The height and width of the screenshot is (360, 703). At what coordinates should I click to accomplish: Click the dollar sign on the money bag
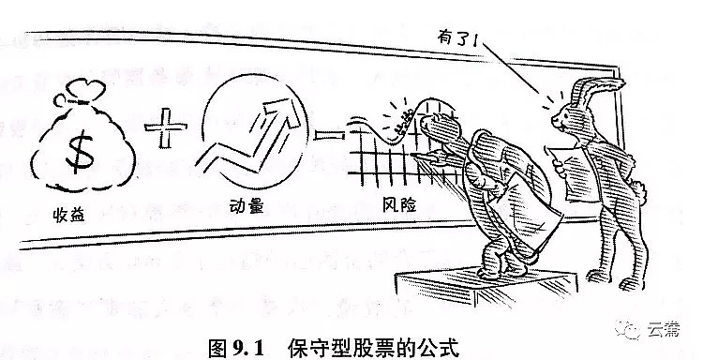coord(81,151)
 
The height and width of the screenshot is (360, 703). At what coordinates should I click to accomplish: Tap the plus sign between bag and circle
coord(165,127)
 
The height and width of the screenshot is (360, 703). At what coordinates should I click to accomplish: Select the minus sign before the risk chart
coord(330,134)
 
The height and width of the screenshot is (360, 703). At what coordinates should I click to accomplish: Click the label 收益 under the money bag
coord(68,216)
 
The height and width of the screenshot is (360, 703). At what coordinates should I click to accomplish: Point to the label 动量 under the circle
coord(247,206)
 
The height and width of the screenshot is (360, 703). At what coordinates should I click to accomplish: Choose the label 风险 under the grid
coord(399,204)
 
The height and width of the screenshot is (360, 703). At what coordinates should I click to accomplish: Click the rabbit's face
coord(563,118)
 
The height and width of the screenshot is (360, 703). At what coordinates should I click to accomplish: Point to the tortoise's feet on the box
coord(502,270)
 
